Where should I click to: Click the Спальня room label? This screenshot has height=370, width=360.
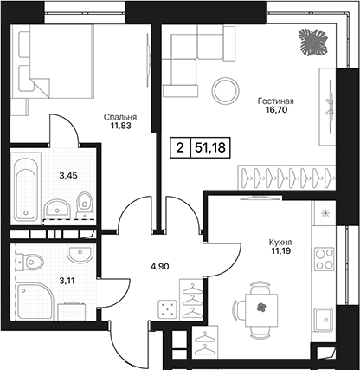click(120, 117)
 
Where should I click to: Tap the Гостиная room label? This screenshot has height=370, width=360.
click(276, 101)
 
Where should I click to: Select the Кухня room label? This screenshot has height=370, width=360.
click(280, 242)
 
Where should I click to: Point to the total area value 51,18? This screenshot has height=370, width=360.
click(210, 147)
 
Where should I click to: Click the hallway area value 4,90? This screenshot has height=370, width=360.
click(160, 267)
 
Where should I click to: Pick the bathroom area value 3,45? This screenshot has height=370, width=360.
click(68, 175)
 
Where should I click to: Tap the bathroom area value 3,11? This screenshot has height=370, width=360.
click(67, 281)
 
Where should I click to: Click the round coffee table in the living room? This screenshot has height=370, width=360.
click(226, 91)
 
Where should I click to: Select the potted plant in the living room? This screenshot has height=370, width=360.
click(313, 42)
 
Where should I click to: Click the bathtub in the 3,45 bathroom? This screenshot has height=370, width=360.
click(26, 190)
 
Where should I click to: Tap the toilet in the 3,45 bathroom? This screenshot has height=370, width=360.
click(85, 204)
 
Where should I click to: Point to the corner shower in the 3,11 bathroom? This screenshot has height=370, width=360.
click(35, 302)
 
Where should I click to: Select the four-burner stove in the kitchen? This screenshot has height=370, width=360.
click(324, 259)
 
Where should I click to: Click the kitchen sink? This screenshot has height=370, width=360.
click(325, 320)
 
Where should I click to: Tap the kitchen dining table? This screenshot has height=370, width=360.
click(261, 310)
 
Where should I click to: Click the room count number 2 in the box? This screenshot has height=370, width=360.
click(180, 148)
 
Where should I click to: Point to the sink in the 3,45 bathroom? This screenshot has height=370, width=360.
click(57, 208)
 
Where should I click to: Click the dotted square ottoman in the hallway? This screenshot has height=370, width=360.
click(167, 308)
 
